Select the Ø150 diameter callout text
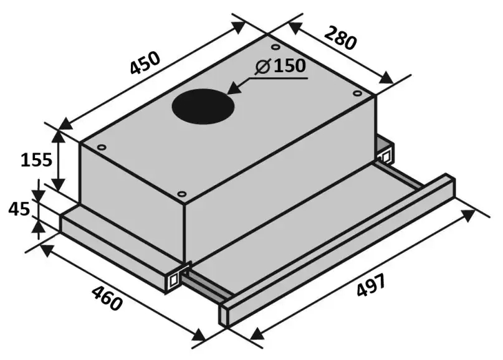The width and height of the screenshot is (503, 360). coord(281,65)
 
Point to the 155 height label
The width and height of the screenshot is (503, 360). coord(36,160)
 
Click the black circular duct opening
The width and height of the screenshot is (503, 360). coord(203,106)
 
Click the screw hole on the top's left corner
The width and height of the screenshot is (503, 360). coord(101,146)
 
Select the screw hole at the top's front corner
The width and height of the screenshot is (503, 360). coord(181,194)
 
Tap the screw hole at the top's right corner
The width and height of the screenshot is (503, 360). coord(357,93)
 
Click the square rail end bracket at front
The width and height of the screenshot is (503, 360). coord(173,278)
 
